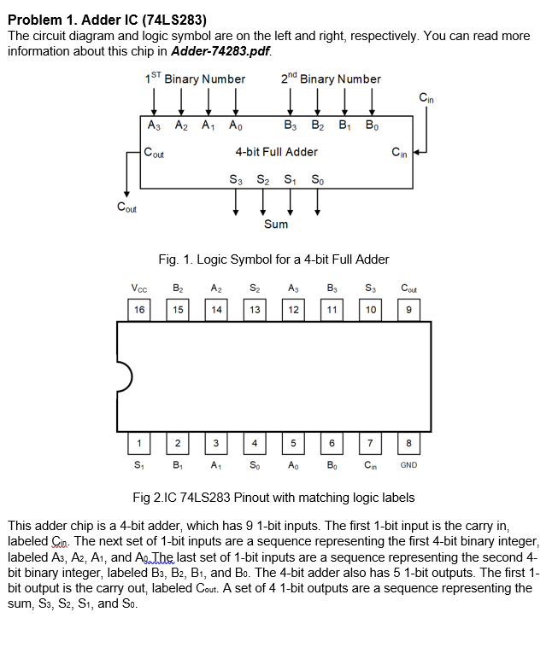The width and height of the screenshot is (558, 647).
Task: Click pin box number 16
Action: [138, 310]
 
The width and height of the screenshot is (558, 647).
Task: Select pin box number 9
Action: [408, 310]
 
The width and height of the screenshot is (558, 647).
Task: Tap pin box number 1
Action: [138, 442]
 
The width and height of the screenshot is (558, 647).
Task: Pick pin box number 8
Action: [408, 442]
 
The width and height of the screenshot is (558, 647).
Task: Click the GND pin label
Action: [408, 465]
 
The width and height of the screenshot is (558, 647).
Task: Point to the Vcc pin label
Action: [138, 289]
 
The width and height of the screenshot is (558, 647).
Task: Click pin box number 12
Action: [293, 310]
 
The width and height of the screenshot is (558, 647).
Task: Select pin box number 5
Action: [293, 442]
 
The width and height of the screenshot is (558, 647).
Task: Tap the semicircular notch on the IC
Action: [123, 376]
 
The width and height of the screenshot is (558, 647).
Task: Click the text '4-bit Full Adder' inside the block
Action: [276, 152]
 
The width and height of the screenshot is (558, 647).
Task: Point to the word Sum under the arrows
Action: [276, 224]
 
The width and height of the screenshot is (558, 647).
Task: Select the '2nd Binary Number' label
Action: [331, 79]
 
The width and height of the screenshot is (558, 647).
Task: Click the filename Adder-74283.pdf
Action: [220, 51]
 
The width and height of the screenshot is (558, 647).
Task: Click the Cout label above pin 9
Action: [408, 289]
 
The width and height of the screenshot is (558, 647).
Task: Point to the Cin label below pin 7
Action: [371, 465]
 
